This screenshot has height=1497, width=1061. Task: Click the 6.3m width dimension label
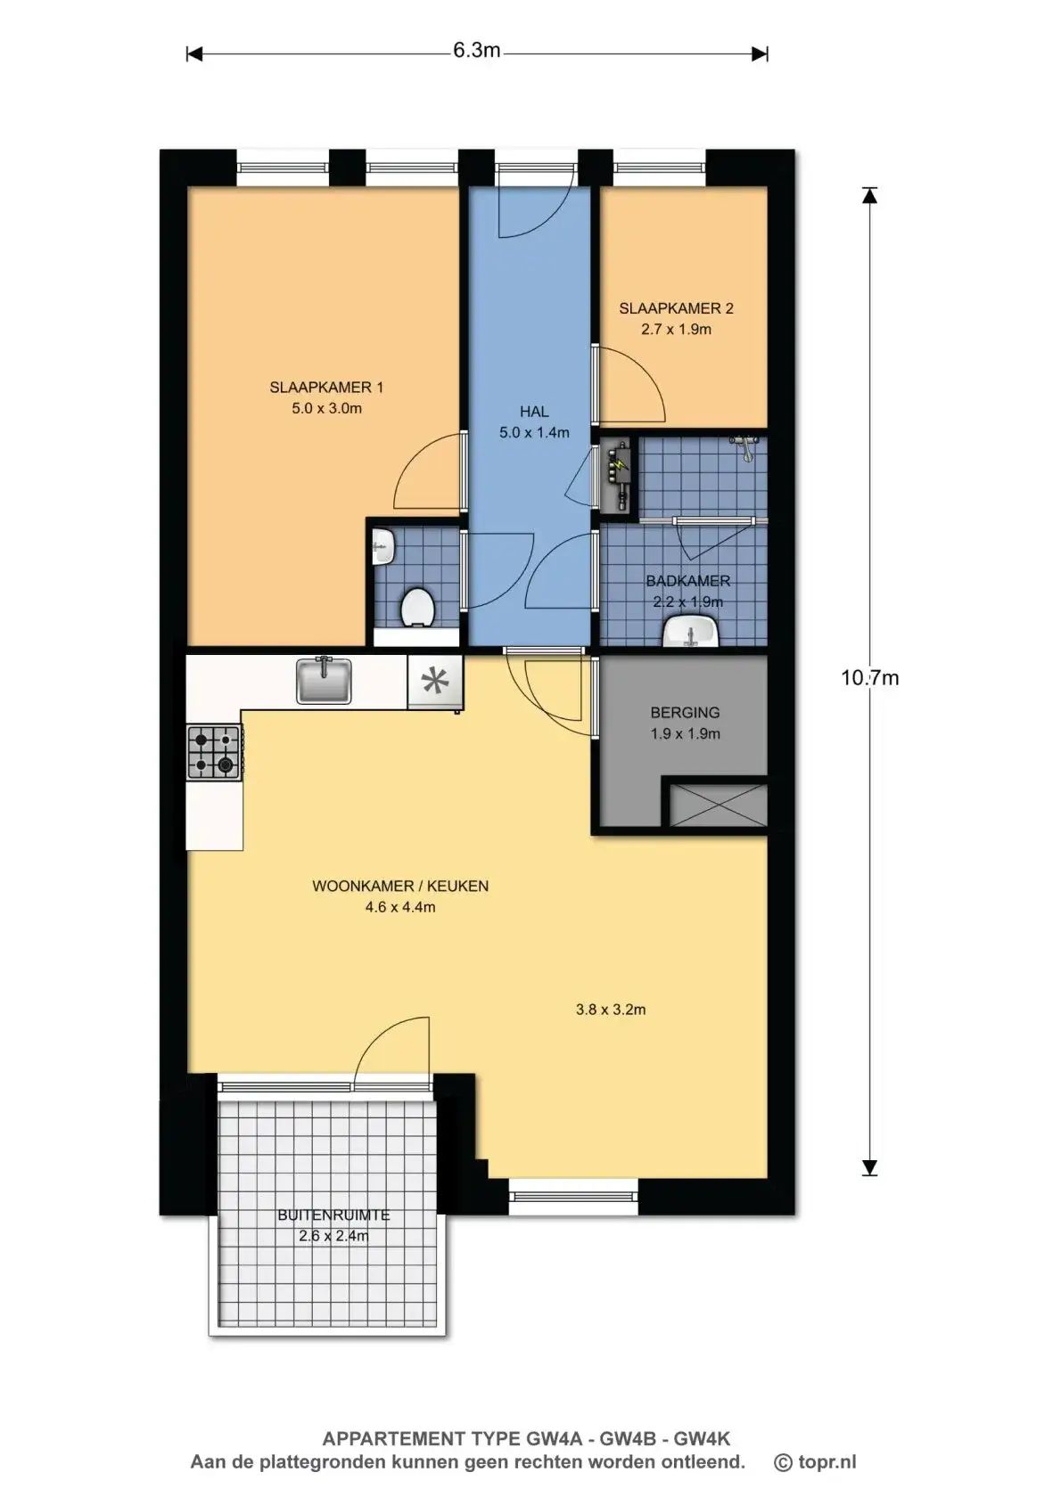477,50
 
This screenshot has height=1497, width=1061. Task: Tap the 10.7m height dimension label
869,677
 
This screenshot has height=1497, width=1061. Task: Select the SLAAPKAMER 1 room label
326,387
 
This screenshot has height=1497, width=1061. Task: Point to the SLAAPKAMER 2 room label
676,308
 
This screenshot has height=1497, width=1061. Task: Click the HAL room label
534,412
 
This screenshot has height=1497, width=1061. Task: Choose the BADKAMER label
688,581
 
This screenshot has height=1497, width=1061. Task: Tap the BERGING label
686,713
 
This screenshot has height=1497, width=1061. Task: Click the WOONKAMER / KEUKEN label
400,886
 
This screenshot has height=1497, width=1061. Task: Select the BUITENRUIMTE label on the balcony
333,1215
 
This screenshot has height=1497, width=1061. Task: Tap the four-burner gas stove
214,752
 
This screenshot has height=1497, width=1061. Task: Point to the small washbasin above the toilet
383,547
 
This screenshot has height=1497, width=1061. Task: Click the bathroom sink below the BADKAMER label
690,632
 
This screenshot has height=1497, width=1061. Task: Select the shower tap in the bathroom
744,446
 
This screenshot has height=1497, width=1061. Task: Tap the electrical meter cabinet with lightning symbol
619,474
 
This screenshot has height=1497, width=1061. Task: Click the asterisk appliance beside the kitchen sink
434,682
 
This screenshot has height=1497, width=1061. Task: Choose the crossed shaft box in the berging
718,806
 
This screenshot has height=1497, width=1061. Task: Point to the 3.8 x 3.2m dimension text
611,1009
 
